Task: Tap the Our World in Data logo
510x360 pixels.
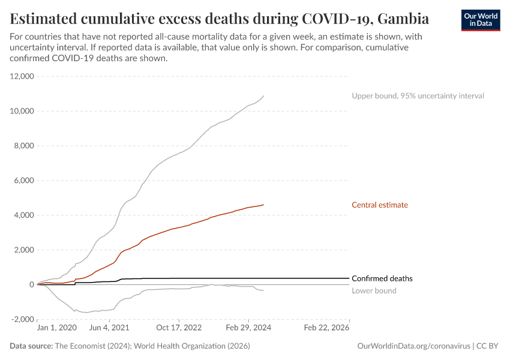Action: (x=480, y=20)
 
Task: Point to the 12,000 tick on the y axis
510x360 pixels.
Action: (x=22, y=76)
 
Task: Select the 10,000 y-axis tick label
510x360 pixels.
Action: (x=22, y=111)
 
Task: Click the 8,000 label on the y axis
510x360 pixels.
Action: (x=24, y=146)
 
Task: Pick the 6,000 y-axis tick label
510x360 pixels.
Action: (x=24, y=181)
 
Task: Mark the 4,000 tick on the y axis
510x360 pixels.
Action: (x=24, y=215)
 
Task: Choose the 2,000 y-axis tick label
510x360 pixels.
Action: (x=24, y=250)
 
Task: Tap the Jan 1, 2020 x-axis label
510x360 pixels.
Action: (x=56, y=328)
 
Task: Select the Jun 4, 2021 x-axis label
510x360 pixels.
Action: (x=109, y=328)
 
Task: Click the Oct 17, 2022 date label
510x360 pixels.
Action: (x=179, y=328)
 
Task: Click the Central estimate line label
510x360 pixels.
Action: (x=380, y=205)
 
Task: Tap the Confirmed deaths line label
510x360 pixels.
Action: (x=382, y=278)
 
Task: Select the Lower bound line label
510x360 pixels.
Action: (x=374, y=291)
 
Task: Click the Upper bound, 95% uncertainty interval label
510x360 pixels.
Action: (x=418, y=96)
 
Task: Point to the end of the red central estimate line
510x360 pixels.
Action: (x=263, y=205)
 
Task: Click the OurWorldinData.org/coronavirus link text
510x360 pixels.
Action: (x=413, y=346)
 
